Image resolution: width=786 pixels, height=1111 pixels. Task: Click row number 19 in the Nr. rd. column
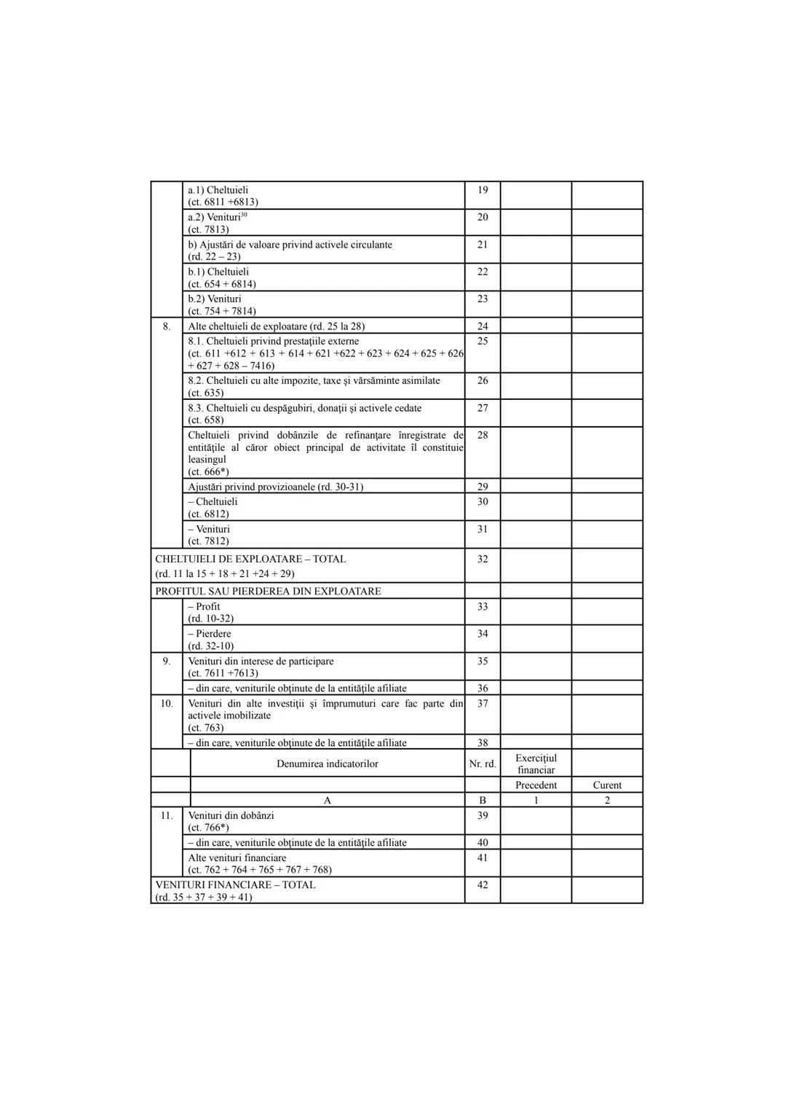pos(483,190)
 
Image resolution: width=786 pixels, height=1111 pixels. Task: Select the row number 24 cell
pos(483,326)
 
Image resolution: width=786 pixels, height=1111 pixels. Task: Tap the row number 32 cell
pos(483,560)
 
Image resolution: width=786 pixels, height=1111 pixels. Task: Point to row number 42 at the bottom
pos(483,885)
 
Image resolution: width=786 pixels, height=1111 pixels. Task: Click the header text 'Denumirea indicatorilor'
pos(327,764)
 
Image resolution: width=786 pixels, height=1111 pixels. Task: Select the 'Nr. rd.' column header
pos(483,764)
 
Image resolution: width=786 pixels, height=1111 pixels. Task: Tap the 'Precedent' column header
pos(536,785)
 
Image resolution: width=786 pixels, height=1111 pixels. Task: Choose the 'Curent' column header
pos(607,785)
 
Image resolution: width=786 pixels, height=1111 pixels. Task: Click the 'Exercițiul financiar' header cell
pos(536,764)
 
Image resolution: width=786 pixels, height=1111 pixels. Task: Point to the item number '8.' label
pos(167,326)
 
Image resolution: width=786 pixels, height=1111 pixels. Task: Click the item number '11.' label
pos(167,816)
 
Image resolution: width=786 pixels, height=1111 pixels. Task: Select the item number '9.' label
pos(167,662)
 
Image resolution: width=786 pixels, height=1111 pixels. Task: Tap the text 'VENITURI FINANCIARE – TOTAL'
pos(235,885)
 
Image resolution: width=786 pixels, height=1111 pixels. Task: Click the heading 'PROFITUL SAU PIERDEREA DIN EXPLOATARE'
pos(268,592)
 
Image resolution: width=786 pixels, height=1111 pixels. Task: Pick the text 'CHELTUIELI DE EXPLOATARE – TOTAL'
pos(250,560)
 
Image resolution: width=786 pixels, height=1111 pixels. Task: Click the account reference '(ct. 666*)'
pos(208,472)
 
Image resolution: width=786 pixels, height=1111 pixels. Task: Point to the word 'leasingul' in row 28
pos(207,460)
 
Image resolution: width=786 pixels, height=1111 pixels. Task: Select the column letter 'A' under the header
pos(327,801)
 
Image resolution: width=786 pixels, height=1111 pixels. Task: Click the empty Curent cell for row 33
pos(607,612)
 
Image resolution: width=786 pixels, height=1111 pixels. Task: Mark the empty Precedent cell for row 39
pos(536,821)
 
